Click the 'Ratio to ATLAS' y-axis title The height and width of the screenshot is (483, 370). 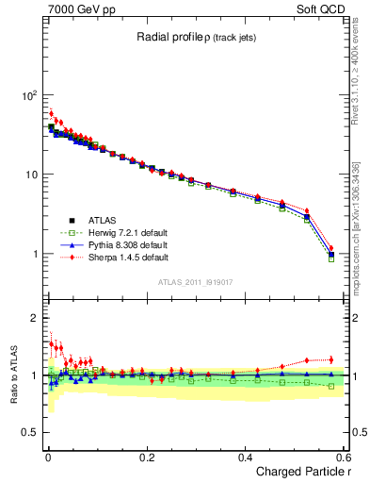[14, 374]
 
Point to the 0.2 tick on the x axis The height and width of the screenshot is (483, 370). [146, 456]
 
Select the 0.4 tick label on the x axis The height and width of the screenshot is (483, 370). [245, 456]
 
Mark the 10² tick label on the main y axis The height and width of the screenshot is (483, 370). [28, 96]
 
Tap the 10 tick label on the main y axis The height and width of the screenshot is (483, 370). [30, 175]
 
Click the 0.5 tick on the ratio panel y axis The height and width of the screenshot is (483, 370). [29, 432]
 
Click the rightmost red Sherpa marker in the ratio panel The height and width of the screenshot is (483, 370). [330, 359]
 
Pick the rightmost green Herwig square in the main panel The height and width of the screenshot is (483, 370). [330, 258]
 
